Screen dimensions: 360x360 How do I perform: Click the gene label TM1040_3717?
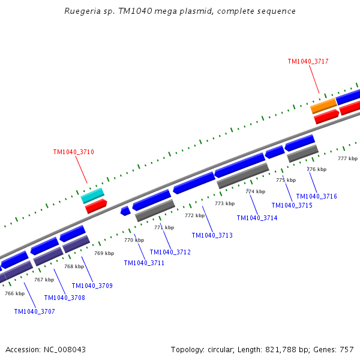(x=308, y=61)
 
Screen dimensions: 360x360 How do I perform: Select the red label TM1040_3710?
(x=73, y=152)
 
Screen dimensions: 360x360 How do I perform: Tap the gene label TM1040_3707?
(x=34, y=311)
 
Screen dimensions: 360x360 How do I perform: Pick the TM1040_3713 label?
(x=212, y=235)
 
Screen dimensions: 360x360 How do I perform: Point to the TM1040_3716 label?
(x=316, y=196)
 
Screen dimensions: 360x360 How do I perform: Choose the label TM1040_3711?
(x=144, y=263)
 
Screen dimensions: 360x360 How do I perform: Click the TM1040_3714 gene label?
(x=257, y=218)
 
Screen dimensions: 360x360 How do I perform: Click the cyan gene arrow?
(x=92, y=196)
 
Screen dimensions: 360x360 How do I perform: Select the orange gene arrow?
(x=323, y=106)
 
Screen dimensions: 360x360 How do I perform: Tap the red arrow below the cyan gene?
(x=96, y=206)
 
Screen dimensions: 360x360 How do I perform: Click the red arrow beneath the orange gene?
(x=326, y=116)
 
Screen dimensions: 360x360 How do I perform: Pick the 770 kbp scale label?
(x=134, y=240)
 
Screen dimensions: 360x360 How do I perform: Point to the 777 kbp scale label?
(x=347, y=158)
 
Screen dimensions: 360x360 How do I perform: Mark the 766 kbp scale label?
(x=14, y=293)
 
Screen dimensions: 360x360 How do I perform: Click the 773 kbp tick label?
(x=224, y=203)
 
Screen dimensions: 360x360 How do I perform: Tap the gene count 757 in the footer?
(x=347, y=349)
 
